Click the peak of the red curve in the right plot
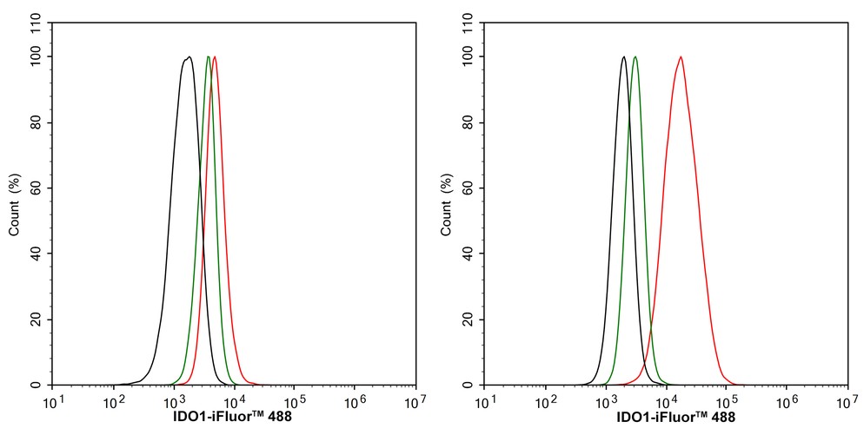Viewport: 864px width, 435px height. (x=681, y=57)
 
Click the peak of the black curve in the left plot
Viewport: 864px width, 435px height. (x=189, y=57)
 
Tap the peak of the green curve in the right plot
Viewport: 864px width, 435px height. (x=635, y=57)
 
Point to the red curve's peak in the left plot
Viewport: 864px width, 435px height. (x=214, y=57)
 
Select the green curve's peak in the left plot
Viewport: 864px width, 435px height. (x=208, y=57)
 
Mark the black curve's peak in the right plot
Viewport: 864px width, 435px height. (x=623, y=57)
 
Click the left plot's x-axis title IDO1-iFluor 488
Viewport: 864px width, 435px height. (x=234, y=418)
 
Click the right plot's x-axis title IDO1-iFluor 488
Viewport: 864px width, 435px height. (x=666, y=418)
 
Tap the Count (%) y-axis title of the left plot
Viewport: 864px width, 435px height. (x=15, y=205)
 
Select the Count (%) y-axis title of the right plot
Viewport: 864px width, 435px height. (x=447, y=205)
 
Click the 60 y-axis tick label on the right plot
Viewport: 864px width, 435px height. (x=469, y=188)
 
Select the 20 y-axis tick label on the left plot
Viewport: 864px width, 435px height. (x=37, y=320)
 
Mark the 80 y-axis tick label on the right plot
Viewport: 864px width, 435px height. (x=469, y=122)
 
